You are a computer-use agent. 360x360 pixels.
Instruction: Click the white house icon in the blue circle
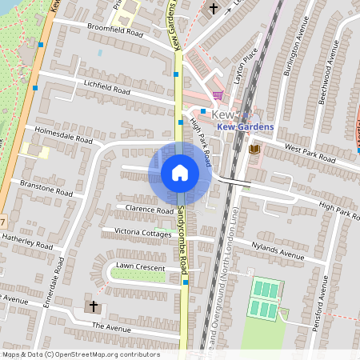(x=180, y=173)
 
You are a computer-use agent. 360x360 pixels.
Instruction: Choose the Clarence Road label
(x=150, y=210)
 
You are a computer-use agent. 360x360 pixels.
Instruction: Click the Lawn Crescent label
(x=140, y=266)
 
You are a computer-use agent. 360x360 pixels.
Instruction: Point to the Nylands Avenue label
(x=278, y=252)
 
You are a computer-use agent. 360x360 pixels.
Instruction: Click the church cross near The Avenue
(x=93, y=306)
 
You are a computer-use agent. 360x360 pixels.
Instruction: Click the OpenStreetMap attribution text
(x=81, y=354)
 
